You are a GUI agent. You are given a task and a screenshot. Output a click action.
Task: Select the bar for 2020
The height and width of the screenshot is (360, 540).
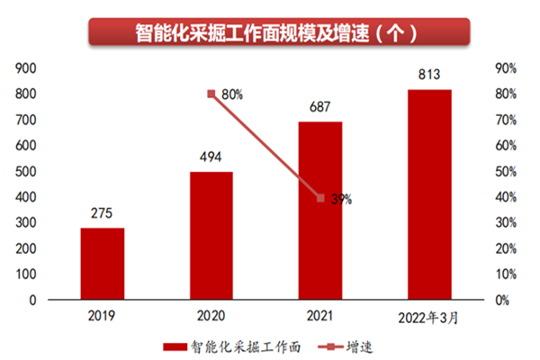(211, 235)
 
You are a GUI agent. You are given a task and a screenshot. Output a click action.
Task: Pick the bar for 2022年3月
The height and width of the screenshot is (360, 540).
(429, 193)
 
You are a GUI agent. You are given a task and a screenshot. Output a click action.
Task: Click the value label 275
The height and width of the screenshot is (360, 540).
(103, 214)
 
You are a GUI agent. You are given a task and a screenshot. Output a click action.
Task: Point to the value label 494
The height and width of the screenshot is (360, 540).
(211, 158)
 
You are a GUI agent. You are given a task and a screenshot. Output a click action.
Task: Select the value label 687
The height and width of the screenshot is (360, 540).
(320, 108)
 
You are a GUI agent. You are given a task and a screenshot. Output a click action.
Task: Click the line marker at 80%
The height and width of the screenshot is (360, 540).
(211, 94)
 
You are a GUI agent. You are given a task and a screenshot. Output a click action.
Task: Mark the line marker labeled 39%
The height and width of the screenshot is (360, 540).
(320, 198)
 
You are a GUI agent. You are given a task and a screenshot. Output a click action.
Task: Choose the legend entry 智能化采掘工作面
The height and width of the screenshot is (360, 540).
(238, 346)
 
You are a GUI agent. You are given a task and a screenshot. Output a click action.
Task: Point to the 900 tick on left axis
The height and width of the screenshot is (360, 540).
(25, 67)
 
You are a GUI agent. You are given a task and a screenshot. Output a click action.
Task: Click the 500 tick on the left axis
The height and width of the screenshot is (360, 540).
(25, 171)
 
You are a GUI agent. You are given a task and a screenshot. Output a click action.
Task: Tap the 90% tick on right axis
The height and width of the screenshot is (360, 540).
(505, 67)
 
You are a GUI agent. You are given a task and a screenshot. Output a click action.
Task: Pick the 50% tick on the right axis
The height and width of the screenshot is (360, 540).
(505, 171)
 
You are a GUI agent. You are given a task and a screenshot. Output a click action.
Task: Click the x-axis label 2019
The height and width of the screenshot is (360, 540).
(103, 316)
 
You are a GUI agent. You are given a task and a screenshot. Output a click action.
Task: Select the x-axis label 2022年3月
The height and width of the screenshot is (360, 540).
(429, 317)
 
